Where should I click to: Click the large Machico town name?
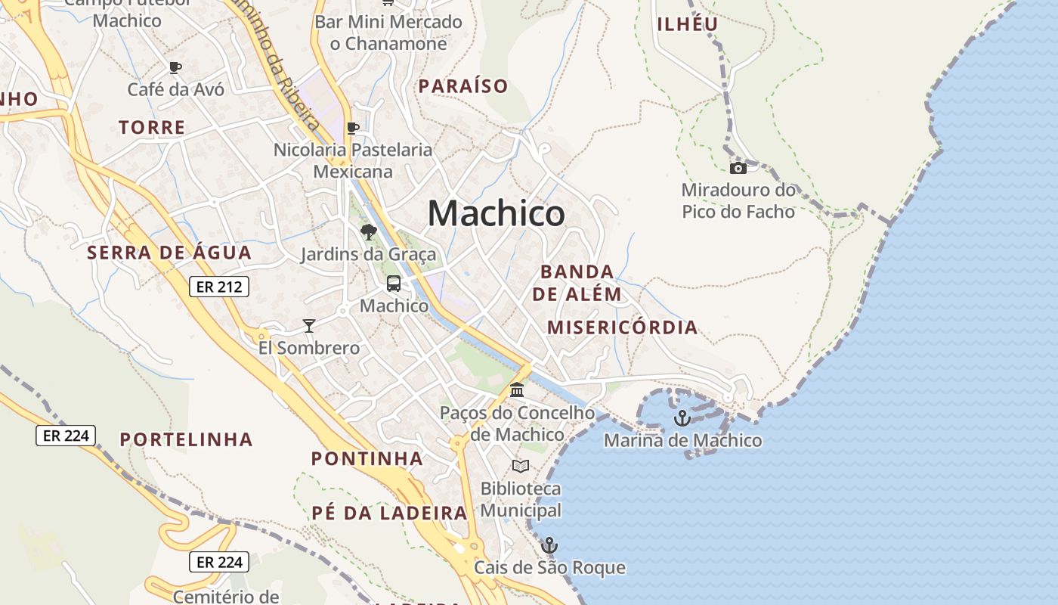(x=496, y=214)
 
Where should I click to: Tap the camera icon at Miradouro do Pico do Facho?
(x=738, y=168)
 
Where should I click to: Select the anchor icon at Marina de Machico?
(x=682, y=417)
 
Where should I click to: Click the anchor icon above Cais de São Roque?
(x=549, y=544)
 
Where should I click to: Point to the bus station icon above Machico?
(x=394, y=284)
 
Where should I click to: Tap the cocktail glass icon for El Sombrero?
(x=308, y=326)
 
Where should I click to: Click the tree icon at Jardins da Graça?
(x=368, y=232)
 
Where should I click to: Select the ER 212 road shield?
(x=219, y=287)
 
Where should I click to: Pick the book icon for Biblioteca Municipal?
(x=521, y=466)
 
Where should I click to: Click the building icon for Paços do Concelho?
(x=518, y=390)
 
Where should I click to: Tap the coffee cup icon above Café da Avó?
(x=175, y=67)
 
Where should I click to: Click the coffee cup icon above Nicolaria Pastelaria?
(x=352, y=128)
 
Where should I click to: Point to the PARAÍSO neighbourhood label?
(x=463, y=86)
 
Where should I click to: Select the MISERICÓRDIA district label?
(x=622, y=327)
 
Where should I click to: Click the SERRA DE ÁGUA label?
(x=169, y=253)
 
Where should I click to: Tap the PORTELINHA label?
(x=186, y=439)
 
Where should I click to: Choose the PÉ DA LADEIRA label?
(x=389, y=513)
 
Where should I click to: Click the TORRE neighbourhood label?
(x=152, y=127)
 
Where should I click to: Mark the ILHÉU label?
(x=687, y=24)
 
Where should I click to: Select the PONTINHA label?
(x=367, y=458)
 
